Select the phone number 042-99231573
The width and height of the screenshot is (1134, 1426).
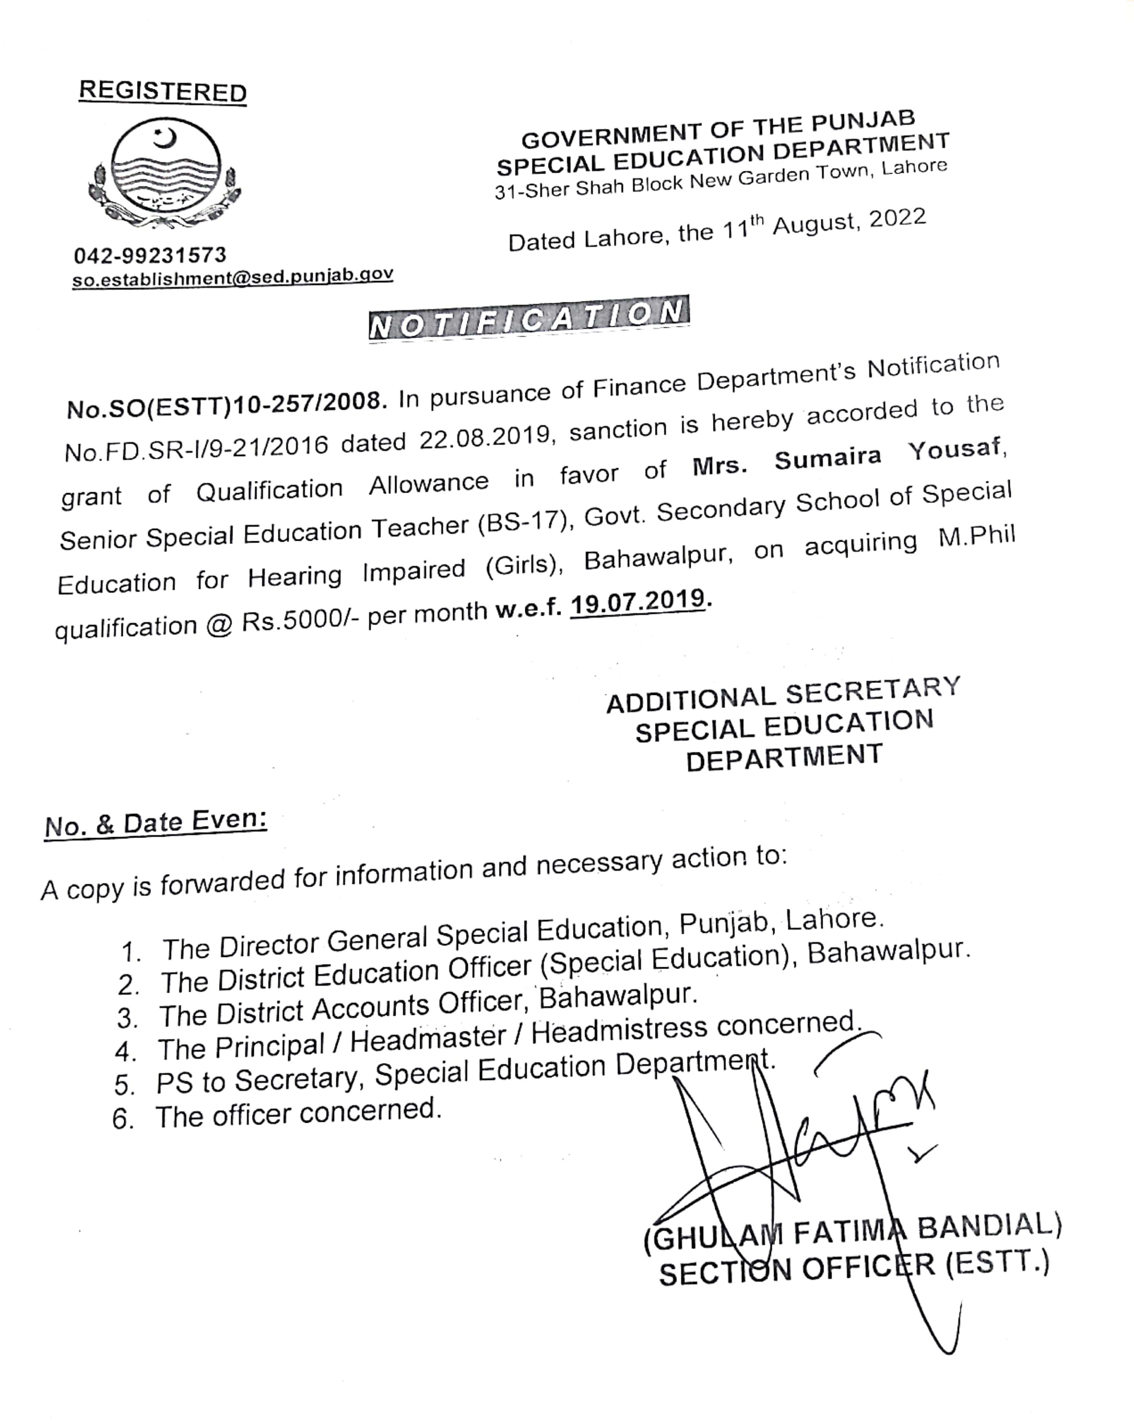pyautogui.click(x=150, y=255)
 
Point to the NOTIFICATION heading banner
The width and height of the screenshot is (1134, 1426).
pyautogui.click(x=529, y=318)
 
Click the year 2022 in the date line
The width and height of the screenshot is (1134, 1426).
pyautogui.click(x=897, y=218)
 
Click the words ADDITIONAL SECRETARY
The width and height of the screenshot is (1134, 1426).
pyautogui.click(x=783, y=694)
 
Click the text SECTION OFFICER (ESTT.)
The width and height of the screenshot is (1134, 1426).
pyautogui.click(x=853, y=1269)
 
